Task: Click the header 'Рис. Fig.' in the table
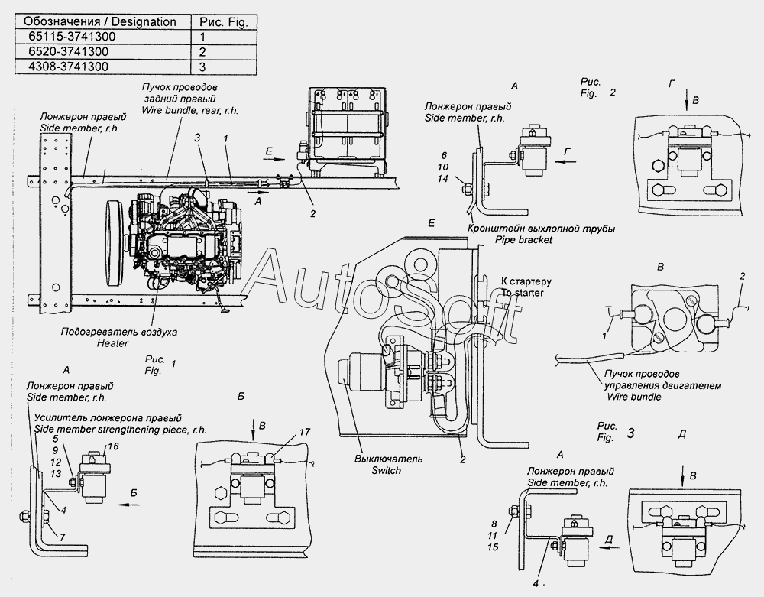click(x=224, y=22)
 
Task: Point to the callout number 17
click(x=305, y=432)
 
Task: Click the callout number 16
click(x=113, y=446)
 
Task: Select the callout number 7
click(x=63, y=537)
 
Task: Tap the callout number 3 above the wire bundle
click(x=197, y=138)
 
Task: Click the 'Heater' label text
click(x=112, y=343)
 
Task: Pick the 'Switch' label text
click(x=386, y=471)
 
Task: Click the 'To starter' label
click(x=522, y=293)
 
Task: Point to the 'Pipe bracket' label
click(x=524, y=240)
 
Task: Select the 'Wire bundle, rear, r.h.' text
click(x=190, y=111)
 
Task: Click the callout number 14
click(x=442, y=179)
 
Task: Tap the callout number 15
click(x=493, y=547)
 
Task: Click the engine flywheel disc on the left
click(x=115, y=245)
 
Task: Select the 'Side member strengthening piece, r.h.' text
click(x=121, y=430)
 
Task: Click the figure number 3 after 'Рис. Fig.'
click(x=630, y=433)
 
